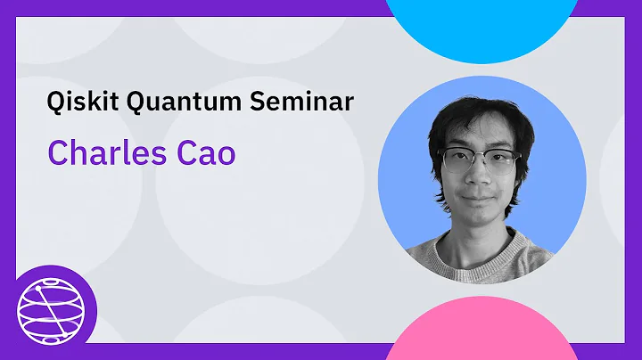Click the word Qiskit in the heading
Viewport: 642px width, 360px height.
tap(78, 102)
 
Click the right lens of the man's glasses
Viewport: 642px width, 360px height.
tap(502, 162)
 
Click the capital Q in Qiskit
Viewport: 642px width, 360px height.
tap(56, 102)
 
